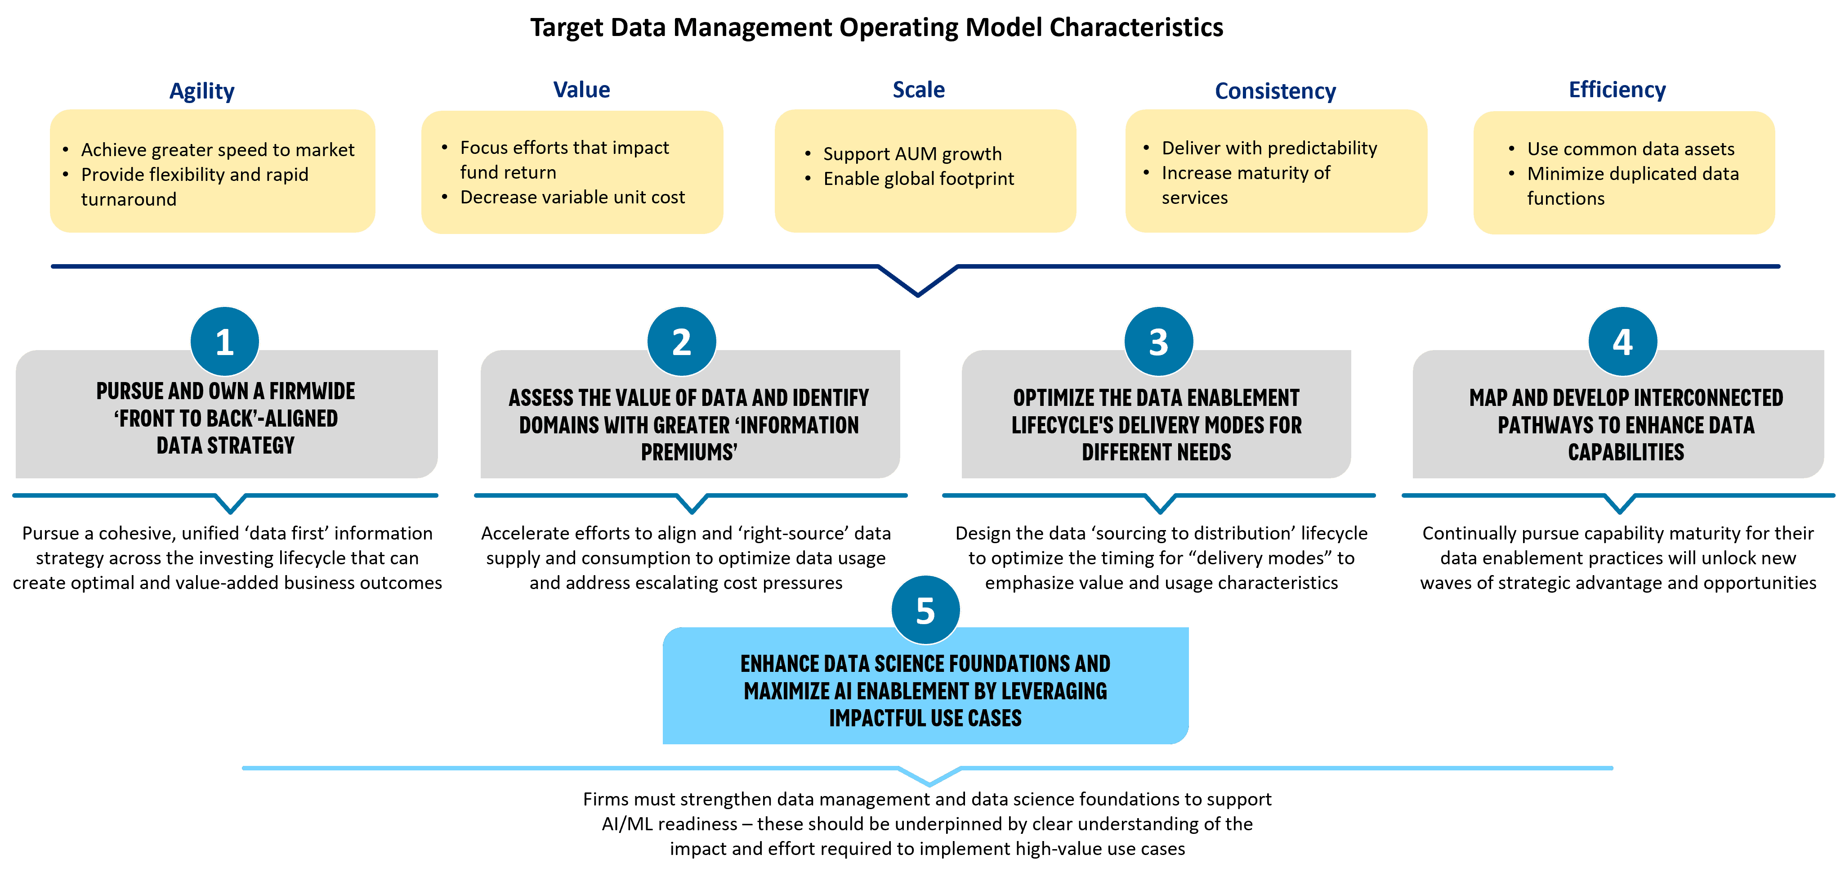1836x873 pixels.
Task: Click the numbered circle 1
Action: [x=224, y=342]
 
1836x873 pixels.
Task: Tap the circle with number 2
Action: [x=681, y=342]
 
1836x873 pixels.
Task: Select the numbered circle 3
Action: [x=1158, y=342]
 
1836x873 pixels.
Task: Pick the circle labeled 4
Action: [x=1622, y=342]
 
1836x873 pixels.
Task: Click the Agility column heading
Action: [x=202, y=90]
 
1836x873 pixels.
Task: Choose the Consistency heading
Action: [x=1275, y=90]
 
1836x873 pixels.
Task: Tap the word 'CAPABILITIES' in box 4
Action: [x=1626, y=452]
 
